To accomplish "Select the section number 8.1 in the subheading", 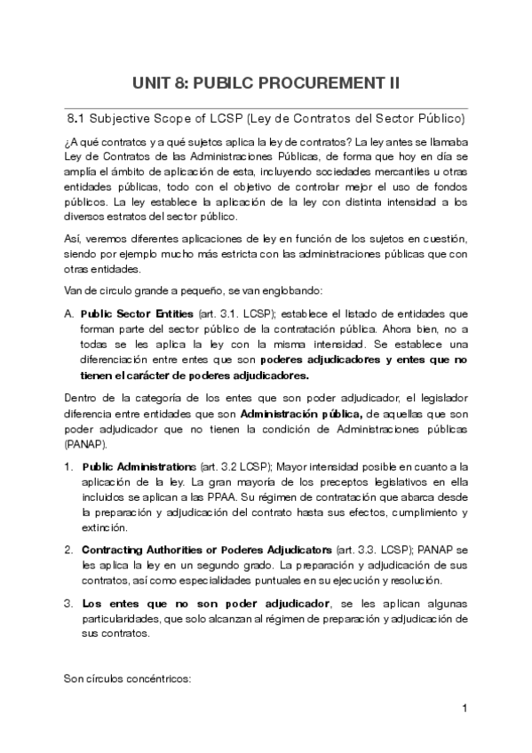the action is click(x=76, y=117).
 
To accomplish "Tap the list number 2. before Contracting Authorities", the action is click(x=68, y=549).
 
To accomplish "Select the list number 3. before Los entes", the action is click(x=68, y=604).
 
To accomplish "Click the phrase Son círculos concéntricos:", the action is click(x=126, y=679).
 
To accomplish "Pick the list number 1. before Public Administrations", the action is click(x=68, y=466).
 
